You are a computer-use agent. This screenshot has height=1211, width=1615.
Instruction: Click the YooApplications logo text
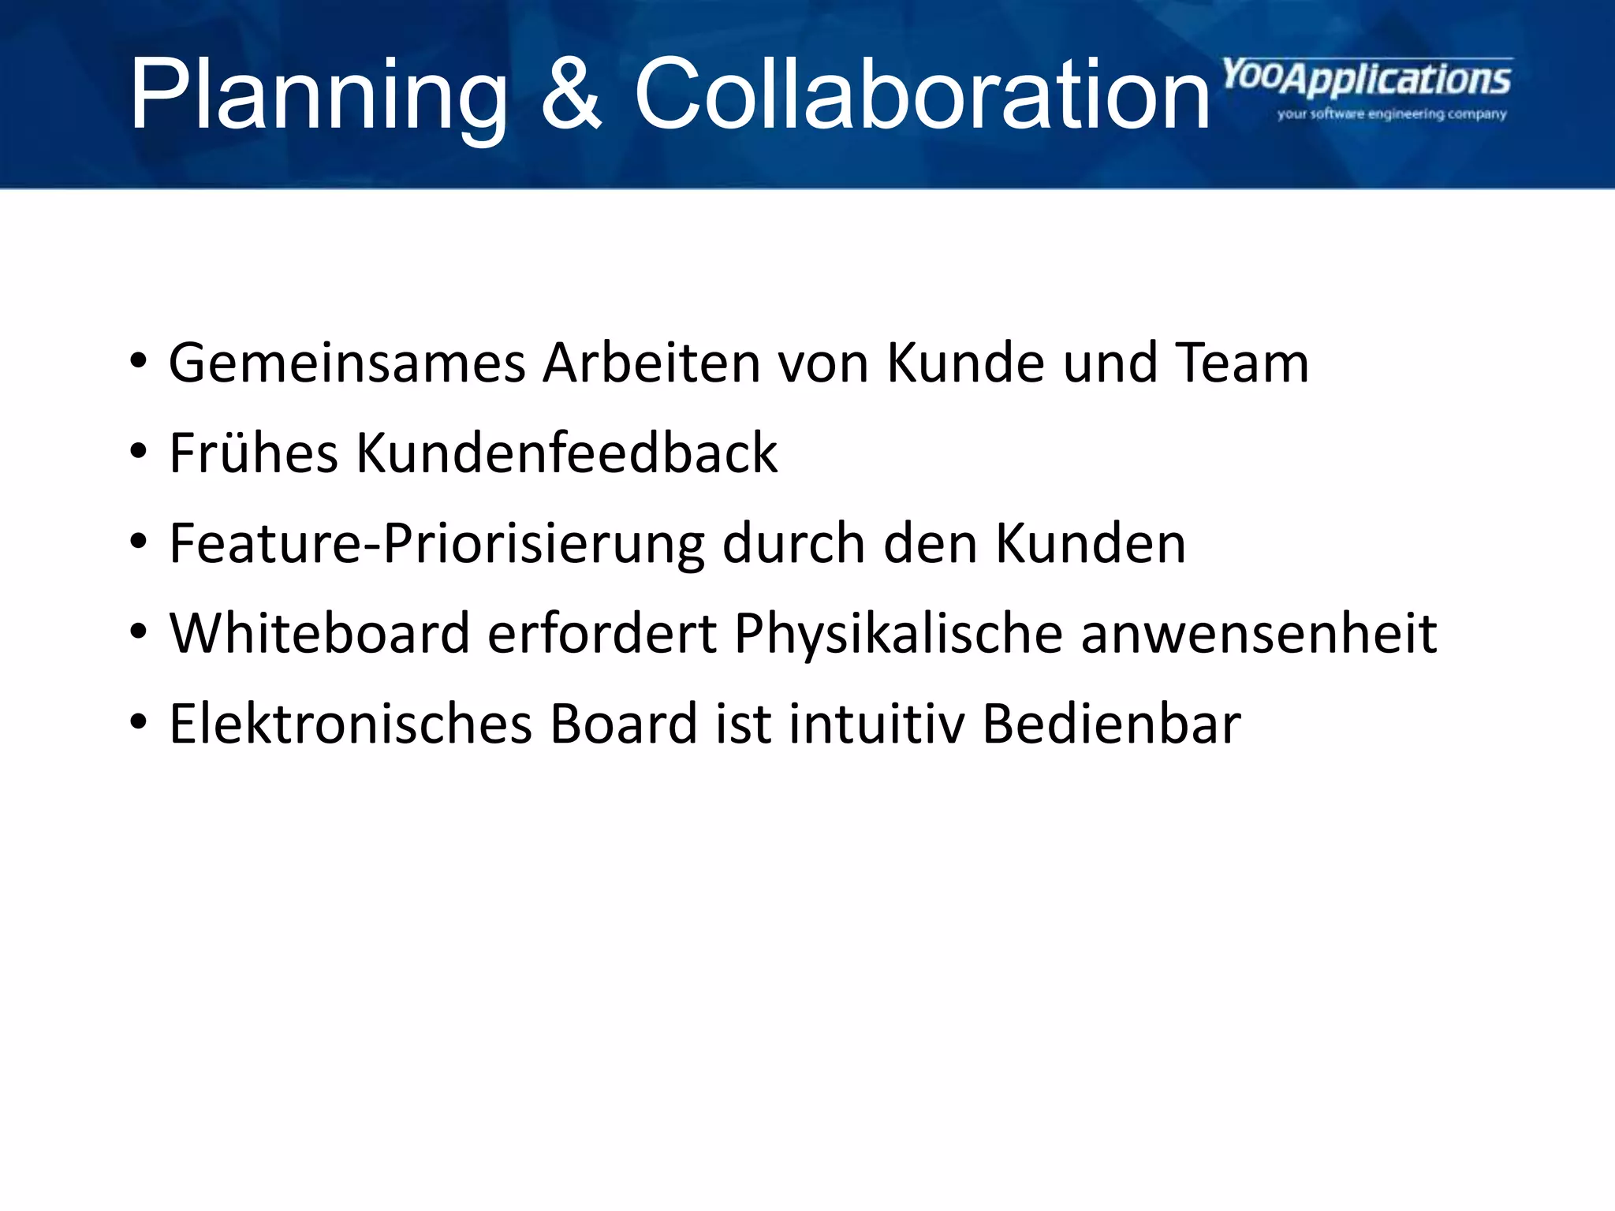click(1367, 80)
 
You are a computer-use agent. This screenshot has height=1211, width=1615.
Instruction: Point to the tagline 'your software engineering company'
click(1392, 114)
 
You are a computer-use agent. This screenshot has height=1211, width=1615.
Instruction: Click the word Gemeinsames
click(347, 364)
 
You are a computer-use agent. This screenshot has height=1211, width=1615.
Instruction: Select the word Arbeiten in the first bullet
click(651, 364)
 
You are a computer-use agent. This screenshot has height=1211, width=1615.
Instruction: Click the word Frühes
click(254, 454)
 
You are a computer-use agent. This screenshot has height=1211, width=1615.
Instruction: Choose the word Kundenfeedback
click(566, 454)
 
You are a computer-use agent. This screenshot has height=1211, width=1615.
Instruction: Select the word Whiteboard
click(320, 634)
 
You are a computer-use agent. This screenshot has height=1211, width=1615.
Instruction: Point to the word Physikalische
click(898, 635)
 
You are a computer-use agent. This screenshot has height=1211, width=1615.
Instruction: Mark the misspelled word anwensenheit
click(1259, 635)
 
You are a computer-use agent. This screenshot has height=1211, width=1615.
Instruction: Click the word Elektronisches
click(350, 725)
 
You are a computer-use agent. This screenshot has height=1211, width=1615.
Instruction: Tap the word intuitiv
click(876, 725)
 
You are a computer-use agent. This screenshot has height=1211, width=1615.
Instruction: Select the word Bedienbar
click(1111, 725)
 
